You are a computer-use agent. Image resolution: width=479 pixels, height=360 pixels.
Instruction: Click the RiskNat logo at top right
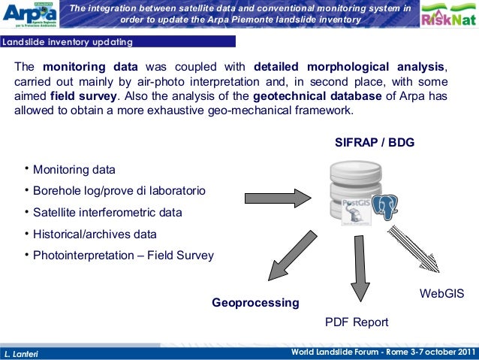pyautogui.click(x=447, y=17)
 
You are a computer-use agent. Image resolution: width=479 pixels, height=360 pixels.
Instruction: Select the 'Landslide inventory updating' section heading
pyautogui.click(x=68, y=41)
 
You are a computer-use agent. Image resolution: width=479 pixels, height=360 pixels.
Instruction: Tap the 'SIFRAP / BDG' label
pyautogui.click(x=373, y=143)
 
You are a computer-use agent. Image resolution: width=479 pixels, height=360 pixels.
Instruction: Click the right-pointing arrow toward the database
pyautogui.click(x=278, y=198)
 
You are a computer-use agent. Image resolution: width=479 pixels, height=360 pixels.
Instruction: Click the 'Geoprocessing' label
pyautogui.click(x=255, y=303)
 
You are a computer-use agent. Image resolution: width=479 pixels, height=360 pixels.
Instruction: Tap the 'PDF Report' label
pyautogui.click(x=356, y=322)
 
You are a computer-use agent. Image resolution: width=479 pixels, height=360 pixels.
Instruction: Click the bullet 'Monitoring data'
pyautogui.click(x=74, y=169)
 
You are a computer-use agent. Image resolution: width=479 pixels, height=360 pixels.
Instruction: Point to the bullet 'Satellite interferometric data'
pyautogui.click(x=107, y=213)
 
